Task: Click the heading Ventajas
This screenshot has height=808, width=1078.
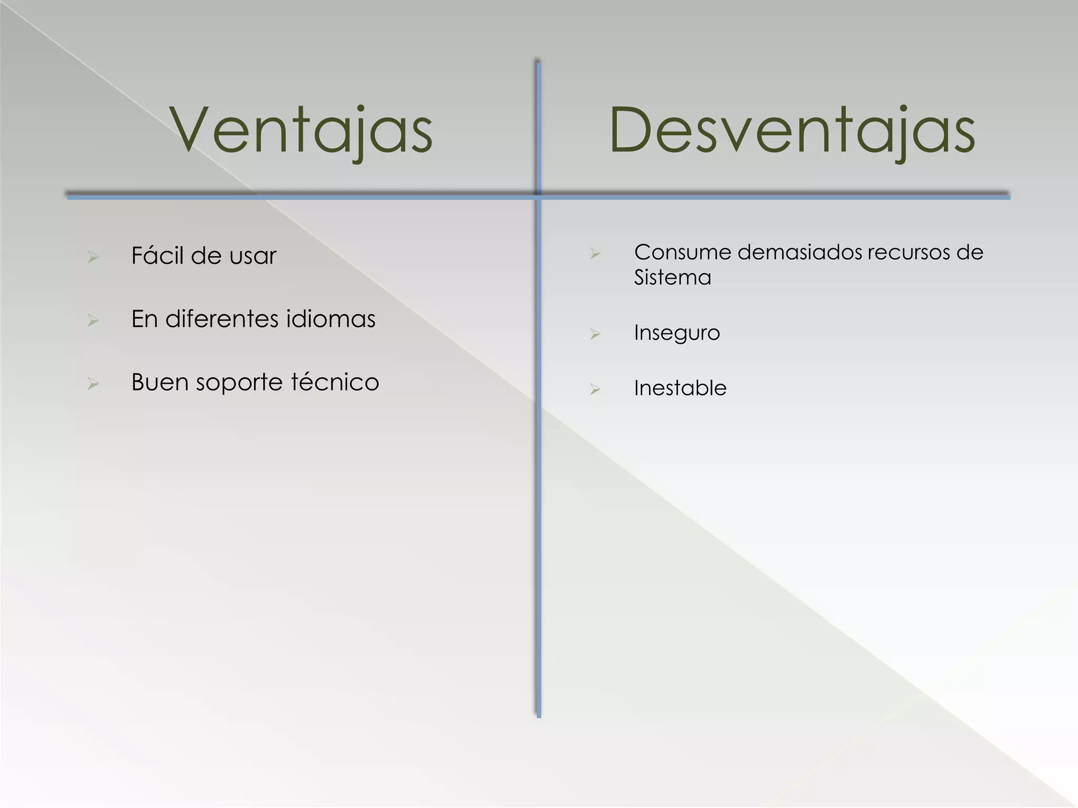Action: (301, 130)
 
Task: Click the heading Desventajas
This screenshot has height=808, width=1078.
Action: (792, 130)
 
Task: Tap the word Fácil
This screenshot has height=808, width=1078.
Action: (157, 256)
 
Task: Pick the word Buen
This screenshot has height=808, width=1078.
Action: (160, 382)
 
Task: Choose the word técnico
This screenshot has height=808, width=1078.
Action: (335, 382)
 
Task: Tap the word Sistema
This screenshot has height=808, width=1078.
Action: (672, 277)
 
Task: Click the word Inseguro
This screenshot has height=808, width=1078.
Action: (676, 333)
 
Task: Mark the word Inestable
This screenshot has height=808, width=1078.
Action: (680, 388)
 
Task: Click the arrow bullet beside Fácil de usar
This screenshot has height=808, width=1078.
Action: (93, 257)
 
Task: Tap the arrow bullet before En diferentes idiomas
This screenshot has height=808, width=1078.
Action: (93, 320)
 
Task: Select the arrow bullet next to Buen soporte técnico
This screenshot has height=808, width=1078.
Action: (93, 383)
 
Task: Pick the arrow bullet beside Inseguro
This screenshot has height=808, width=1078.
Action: (595, 334)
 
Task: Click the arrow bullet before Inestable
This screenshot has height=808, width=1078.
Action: (595, 389)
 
